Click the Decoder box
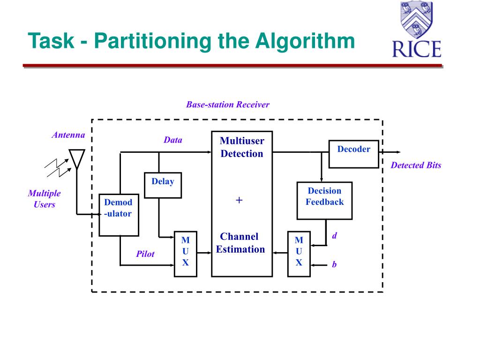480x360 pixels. click(x=353, y=154)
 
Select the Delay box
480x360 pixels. click(x=163, y=185)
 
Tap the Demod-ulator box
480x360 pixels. click(x=119, y=215)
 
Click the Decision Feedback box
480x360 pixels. click(x=324, y=201)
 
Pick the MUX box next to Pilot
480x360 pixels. click(x=185, y=254)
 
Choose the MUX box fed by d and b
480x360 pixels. click(x=299, y=254)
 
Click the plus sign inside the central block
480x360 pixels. click(x=240, y=201)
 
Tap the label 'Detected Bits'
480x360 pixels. click(x=416, y=165)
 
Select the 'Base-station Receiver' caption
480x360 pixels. click(x=228, y=105)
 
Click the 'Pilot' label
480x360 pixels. click(x=145, y=254)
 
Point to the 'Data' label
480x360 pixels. click(x=173, y=140)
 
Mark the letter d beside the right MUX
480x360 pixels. click(x=335, y=236)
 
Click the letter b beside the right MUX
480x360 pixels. click(x=335, y=265)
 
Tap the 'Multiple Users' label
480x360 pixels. click(x=45, y=199)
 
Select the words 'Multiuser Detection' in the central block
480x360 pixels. click(x=242, y=147)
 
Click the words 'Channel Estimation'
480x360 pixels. click(x=240, y=243)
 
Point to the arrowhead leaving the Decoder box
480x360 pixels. click(x=397, y=152)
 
